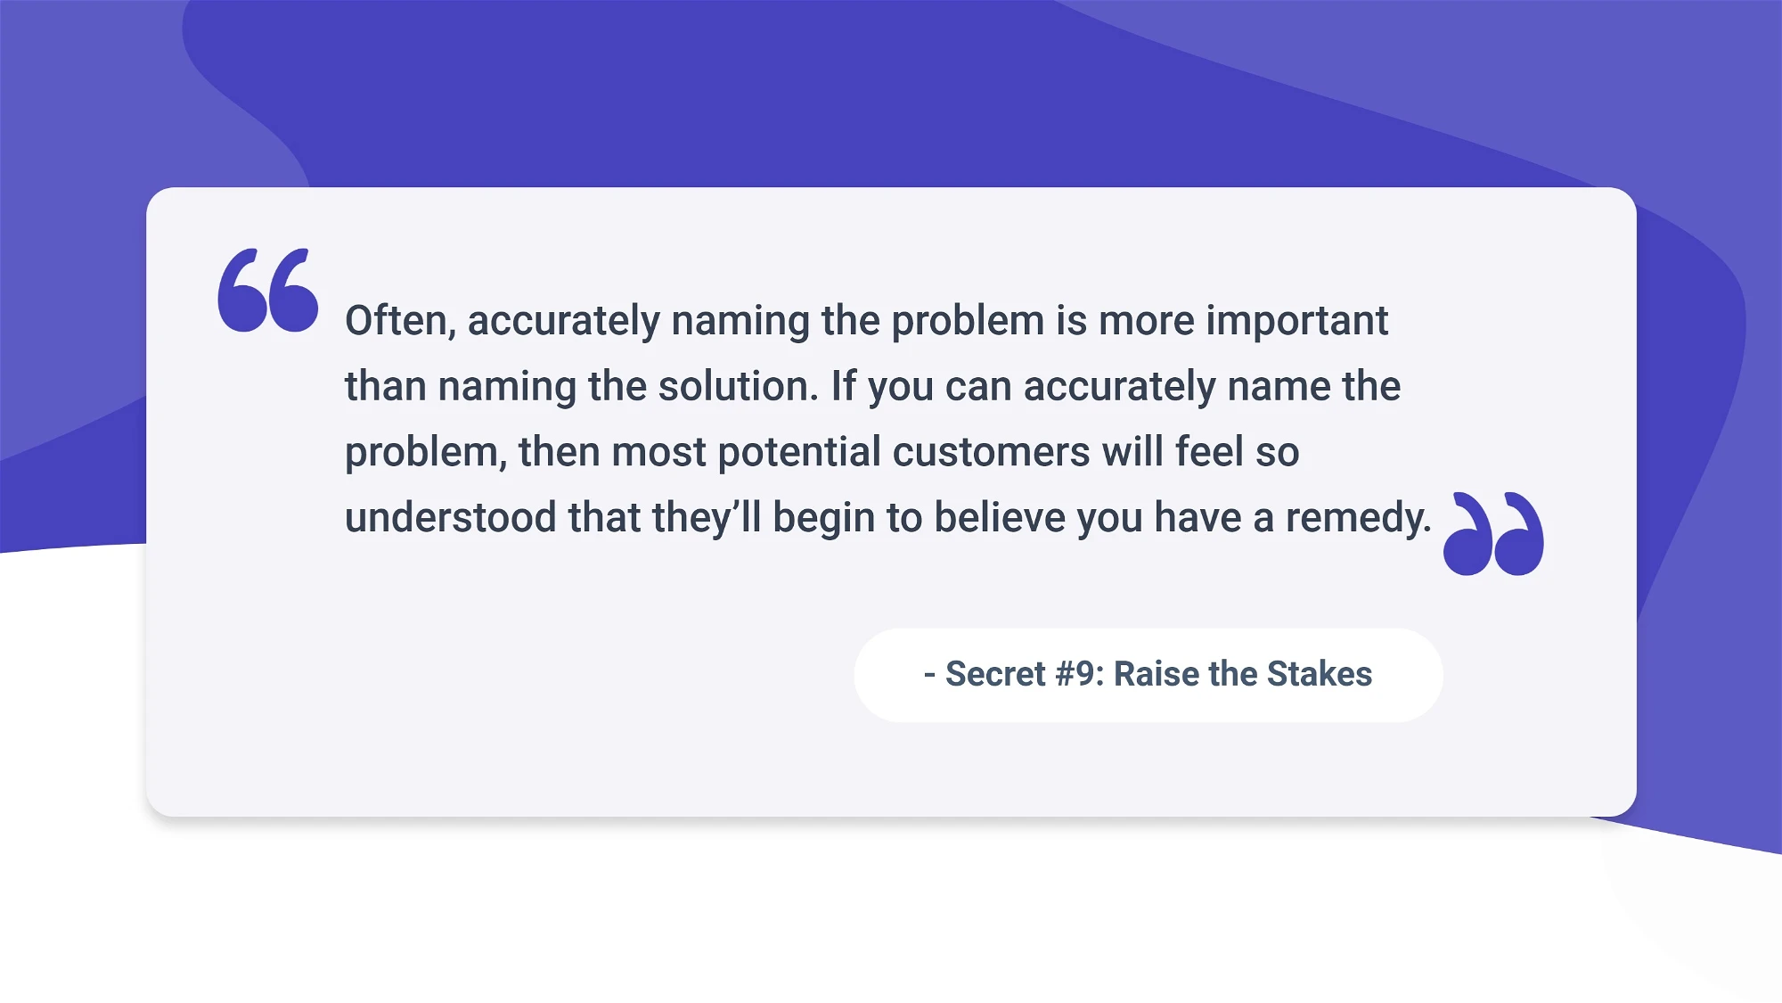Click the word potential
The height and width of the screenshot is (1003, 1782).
click(x=799, y=452)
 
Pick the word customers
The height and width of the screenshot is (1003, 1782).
click(x=991, y=452)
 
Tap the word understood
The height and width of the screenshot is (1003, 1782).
click(x=451, y=518)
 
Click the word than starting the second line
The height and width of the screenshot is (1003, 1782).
click(x=386, y=386)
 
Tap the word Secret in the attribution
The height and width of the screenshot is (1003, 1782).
click(x=995, y=674)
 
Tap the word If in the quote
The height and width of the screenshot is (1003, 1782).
click(x=843, y=386)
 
